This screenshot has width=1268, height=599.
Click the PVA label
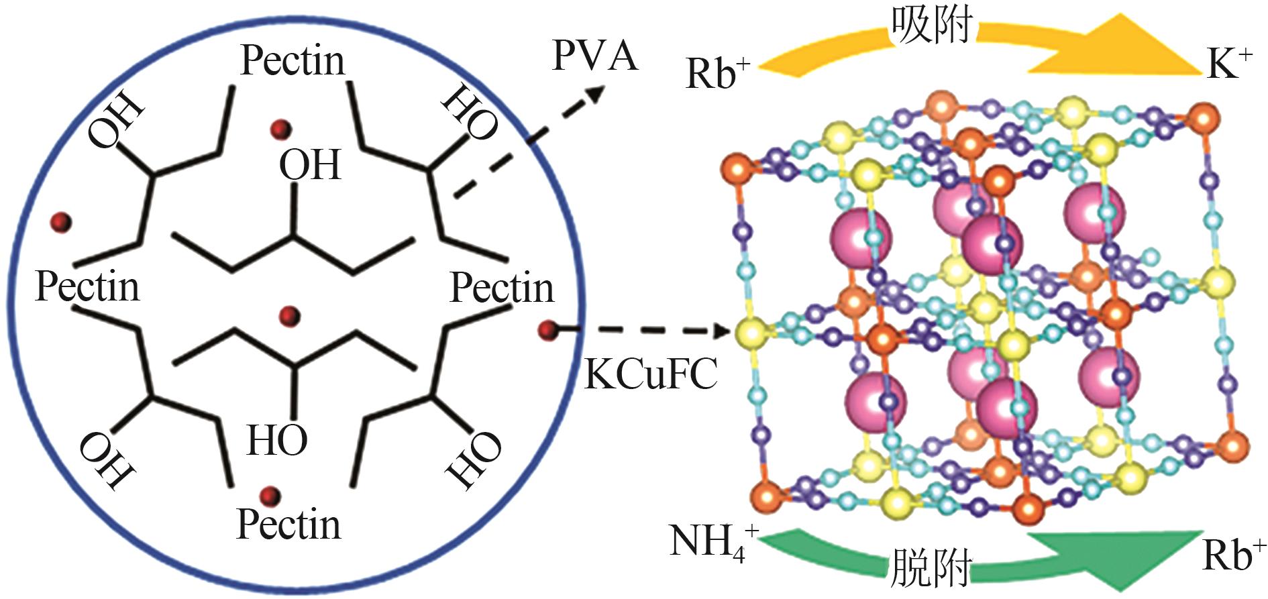pyautogui.click(x=594, y=56)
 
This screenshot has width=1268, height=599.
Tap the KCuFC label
pyautogui.click(x=651, y=373)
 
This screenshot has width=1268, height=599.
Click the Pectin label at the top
pyautogui.click(x=293, y=60)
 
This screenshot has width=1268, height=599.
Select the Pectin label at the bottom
pyautogui.click(x=288, y=524)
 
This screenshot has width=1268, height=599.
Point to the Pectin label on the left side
pyautogui.click(x=87, y=286)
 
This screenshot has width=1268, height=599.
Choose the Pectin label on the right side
pyautogui.click(x=502, y=288)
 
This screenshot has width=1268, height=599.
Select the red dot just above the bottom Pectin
pyautogui.click(x=271, y=496)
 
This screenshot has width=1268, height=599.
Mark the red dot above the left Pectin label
pyautogui.click(x=62, y=221)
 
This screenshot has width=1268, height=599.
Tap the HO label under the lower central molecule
pyautogui.click(x=277, y=441)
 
